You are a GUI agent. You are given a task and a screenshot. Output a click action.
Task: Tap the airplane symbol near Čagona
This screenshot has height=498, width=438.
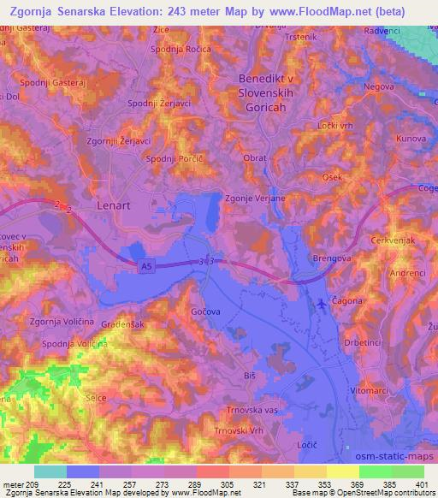[320, 303]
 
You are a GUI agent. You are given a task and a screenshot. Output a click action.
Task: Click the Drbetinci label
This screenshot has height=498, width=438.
[387, 342]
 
